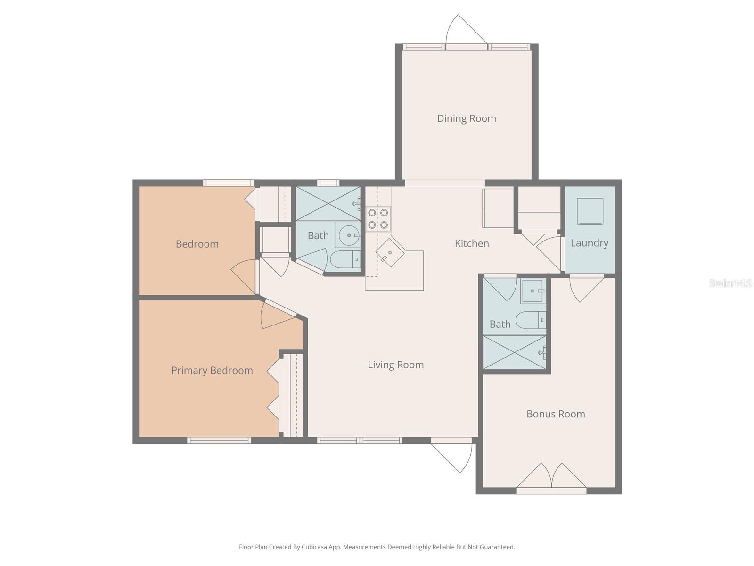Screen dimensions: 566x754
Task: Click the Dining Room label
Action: coord(466,118)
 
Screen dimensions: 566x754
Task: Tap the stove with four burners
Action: coord(378,219)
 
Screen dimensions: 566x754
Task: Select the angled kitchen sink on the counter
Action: coord(390,252)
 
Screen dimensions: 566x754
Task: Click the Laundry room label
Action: coord(589,243)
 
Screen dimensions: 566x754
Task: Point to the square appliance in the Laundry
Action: coord(590,211)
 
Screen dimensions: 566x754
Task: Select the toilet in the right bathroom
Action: coord(531,320)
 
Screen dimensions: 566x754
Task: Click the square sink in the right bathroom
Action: coord(533,291)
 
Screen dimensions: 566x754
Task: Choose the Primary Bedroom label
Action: coord(212,370)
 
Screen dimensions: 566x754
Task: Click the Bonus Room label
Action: coord(556,414)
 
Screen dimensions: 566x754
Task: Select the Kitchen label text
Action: coord(471,243)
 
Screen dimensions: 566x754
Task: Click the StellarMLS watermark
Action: coord(730,283)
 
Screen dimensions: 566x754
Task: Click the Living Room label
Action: coord(395,365)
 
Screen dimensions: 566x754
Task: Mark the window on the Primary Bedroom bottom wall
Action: coord(219,441)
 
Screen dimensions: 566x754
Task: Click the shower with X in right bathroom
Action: coord(515,352)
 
